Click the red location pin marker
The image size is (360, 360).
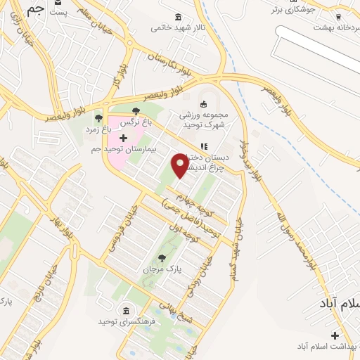pyautogui.click(x=180, y=164)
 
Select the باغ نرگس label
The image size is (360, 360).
pyautogui.click(x=136, y=122)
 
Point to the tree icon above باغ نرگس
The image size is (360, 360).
pyautogui.click(x=136, y=110)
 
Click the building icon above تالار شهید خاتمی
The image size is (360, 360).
pyautogui.click(x=176, y=17)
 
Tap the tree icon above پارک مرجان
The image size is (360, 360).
pyautogui.click(x=162, y=258)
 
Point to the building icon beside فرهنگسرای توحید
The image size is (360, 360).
pyautogui.click(x=126, y=311)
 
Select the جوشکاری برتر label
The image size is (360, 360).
pyautogui.click(x=295, y=11)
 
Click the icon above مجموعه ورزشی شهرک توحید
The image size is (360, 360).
pyautogui.click(x=205, y=103)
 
